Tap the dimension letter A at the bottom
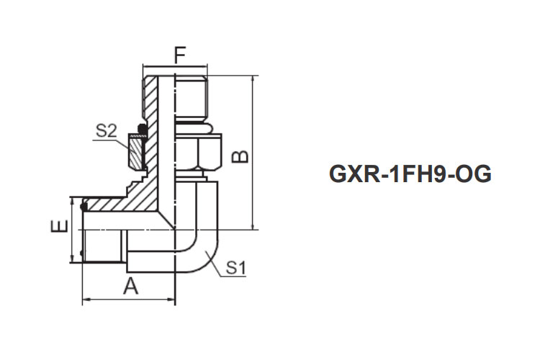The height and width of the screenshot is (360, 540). pos(130,287)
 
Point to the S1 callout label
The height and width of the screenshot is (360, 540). pos(237,269)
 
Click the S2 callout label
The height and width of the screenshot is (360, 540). pos(107,131)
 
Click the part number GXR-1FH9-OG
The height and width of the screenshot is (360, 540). pos(410,174)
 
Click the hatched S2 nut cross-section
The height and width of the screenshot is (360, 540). pos(137,151)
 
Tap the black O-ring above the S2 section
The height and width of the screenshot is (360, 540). pos(142,130)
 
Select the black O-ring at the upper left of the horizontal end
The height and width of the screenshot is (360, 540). pos(84,207)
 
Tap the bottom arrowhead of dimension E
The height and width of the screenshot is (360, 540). pos(71,259)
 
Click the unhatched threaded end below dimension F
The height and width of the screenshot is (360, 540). pos(191,94)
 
